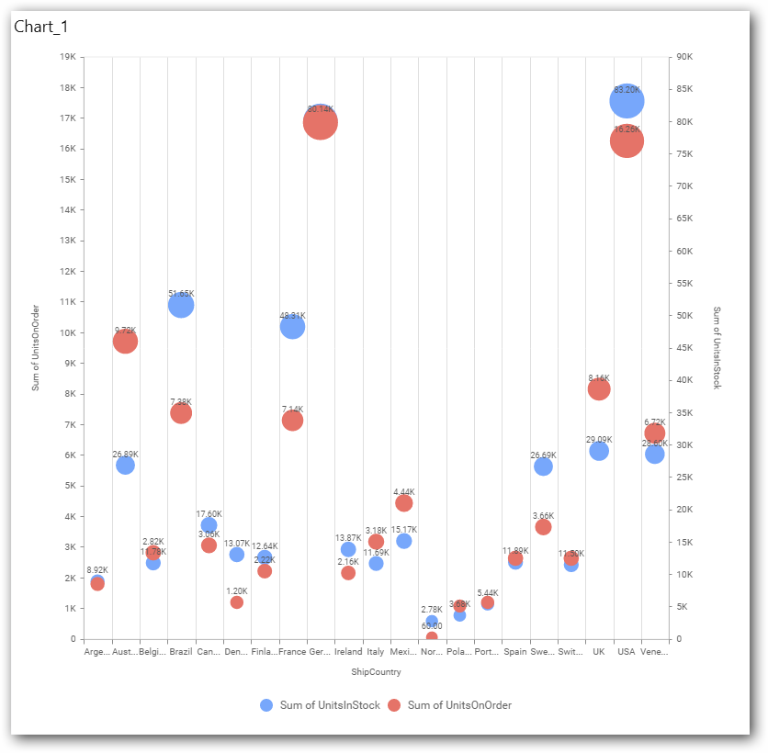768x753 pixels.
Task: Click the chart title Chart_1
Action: coord(41,27)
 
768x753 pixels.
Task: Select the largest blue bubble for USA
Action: coord(627,101)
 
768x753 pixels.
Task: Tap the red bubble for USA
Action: coord(627,141)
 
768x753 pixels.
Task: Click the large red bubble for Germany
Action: coord(321,122)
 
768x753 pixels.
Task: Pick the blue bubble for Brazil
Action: coord(181,305)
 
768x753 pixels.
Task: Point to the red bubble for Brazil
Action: coord(181,413)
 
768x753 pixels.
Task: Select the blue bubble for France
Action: coord(292,326)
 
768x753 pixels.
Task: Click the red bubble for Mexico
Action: coord(404,503)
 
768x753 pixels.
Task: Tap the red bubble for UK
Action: coord(599,389)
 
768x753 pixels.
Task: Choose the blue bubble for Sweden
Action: coord(543,466)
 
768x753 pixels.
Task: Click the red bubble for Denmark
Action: coord(237,602)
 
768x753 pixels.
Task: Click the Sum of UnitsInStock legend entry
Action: coord(320,705)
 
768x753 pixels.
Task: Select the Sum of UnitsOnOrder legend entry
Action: coord(449,705)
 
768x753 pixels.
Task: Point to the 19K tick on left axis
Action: coord(67,57)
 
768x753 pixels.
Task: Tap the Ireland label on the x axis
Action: coord(348,652)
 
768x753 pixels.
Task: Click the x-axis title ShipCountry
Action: coord(376,672)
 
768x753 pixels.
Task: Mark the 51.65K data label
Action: coord(181,294)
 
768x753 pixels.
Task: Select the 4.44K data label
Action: coord(404,491)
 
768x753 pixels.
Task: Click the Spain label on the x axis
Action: coord(515,652)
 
